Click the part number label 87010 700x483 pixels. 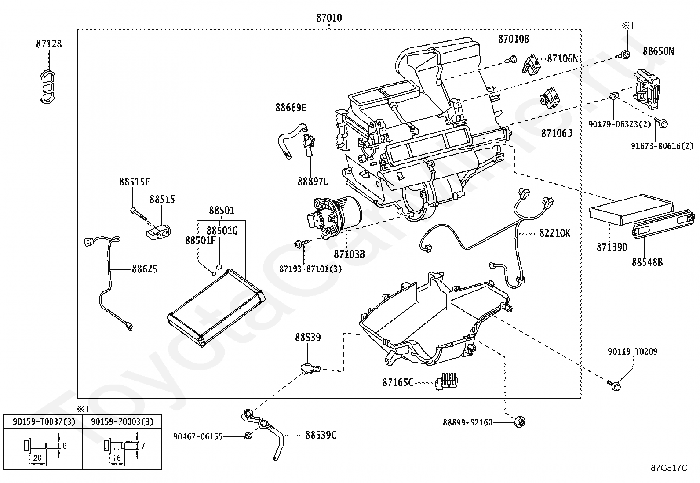tap(329, 18)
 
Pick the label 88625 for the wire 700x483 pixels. tap(144, 269)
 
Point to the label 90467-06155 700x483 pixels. tap(197, 436)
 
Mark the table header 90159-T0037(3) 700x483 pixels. tap(44, 421)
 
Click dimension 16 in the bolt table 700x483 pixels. tap(117, 458)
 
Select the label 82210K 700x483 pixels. tap(554, 233)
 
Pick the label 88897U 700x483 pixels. tap(313, 182)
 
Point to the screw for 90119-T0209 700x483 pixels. tap(616, 385)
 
